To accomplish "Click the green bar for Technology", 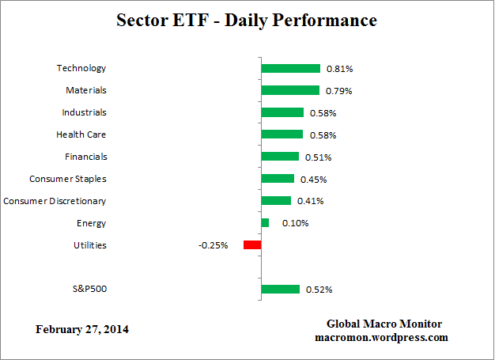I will click(290, 69).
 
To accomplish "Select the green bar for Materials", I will click(290, 91).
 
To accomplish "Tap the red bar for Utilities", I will click(252, 245).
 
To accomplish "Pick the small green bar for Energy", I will click(265, 223).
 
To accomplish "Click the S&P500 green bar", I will click(281, 290).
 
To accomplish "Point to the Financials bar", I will click(280, 157).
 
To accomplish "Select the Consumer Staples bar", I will click(278, 179).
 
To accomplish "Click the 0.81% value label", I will click(340, 69).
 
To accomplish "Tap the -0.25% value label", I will click(213, 245).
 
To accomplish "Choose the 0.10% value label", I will click(295, 223).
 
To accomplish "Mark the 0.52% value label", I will click(319, 290).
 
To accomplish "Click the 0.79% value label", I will click(338, 91).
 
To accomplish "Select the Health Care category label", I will click(81, 135).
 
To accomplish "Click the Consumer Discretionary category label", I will click(55, 201).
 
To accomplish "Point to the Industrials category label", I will click(84, 112).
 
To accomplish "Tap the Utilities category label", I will click(89, 245).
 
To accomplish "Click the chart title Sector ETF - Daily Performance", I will click(247, 20).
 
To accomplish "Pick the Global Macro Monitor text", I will click(384, 324).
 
